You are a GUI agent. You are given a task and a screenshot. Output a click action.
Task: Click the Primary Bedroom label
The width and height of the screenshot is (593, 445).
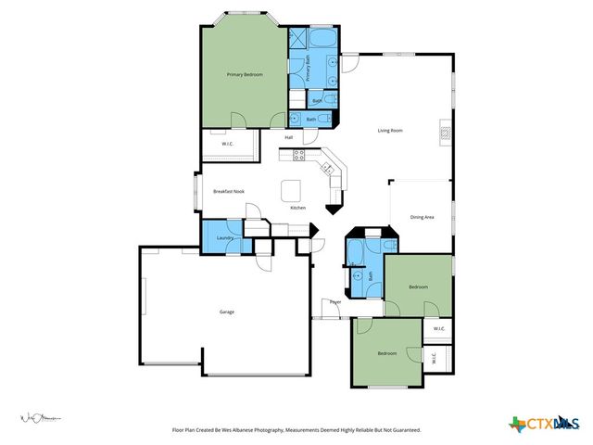point(246,74)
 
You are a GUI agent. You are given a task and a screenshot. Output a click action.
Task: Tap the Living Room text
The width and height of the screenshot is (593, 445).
point(389,131)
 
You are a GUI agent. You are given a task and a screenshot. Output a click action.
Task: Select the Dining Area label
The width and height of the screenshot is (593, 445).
point(423,217)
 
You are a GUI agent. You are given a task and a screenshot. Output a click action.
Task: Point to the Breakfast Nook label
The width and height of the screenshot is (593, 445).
point(229,191)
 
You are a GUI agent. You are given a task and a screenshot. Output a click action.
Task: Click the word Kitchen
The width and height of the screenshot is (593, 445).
point(298,208)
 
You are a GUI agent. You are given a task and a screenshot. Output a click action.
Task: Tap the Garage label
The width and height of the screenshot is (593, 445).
point(227,311)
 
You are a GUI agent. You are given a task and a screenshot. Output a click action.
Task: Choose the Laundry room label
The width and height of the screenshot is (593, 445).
point(223,238)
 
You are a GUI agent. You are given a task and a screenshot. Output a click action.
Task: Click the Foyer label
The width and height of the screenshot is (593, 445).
point(334,302)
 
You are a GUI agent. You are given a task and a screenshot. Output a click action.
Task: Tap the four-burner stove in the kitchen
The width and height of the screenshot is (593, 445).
point(299,154)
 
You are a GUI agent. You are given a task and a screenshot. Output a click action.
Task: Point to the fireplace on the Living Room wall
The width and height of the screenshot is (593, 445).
point(446,133)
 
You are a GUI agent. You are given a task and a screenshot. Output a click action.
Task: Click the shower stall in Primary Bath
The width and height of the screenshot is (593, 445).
point(297,39)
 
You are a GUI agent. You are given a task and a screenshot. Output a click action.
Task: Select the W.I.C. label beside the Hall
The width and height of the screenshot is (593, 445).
point(227,144)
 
